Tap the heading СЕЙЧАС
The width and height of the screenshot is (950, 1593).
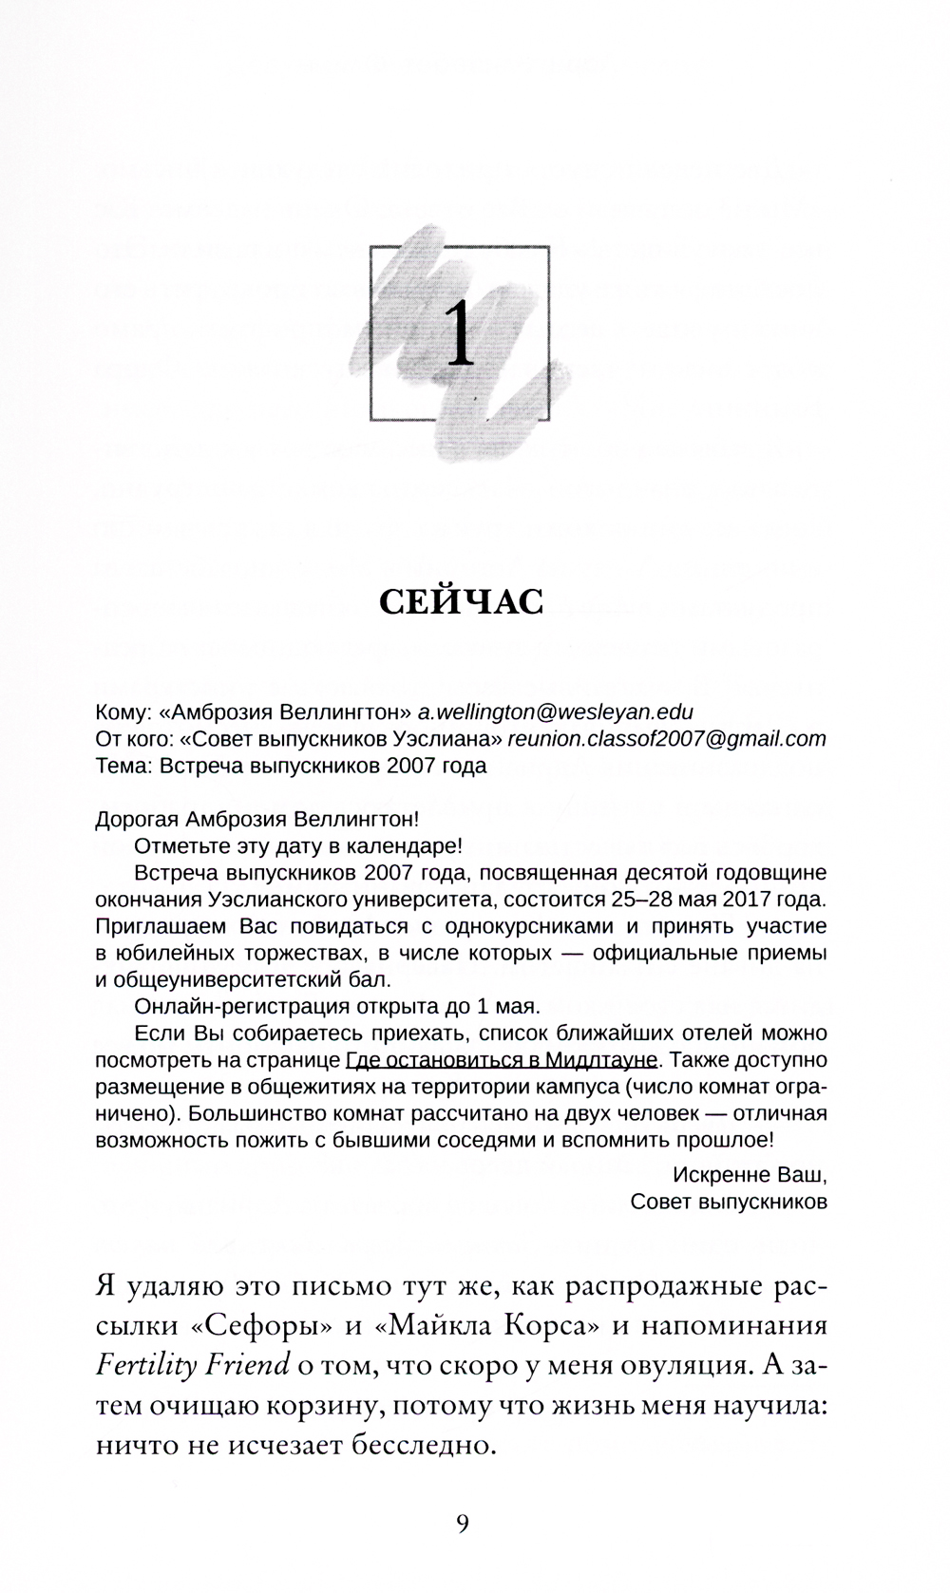[x=461, y=601]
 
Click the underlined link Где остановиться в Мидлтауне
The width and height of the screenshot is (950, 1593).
[x=502, y=1059]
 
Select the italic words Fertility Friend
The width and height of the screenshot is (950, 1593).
[x=193, y=1365]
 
